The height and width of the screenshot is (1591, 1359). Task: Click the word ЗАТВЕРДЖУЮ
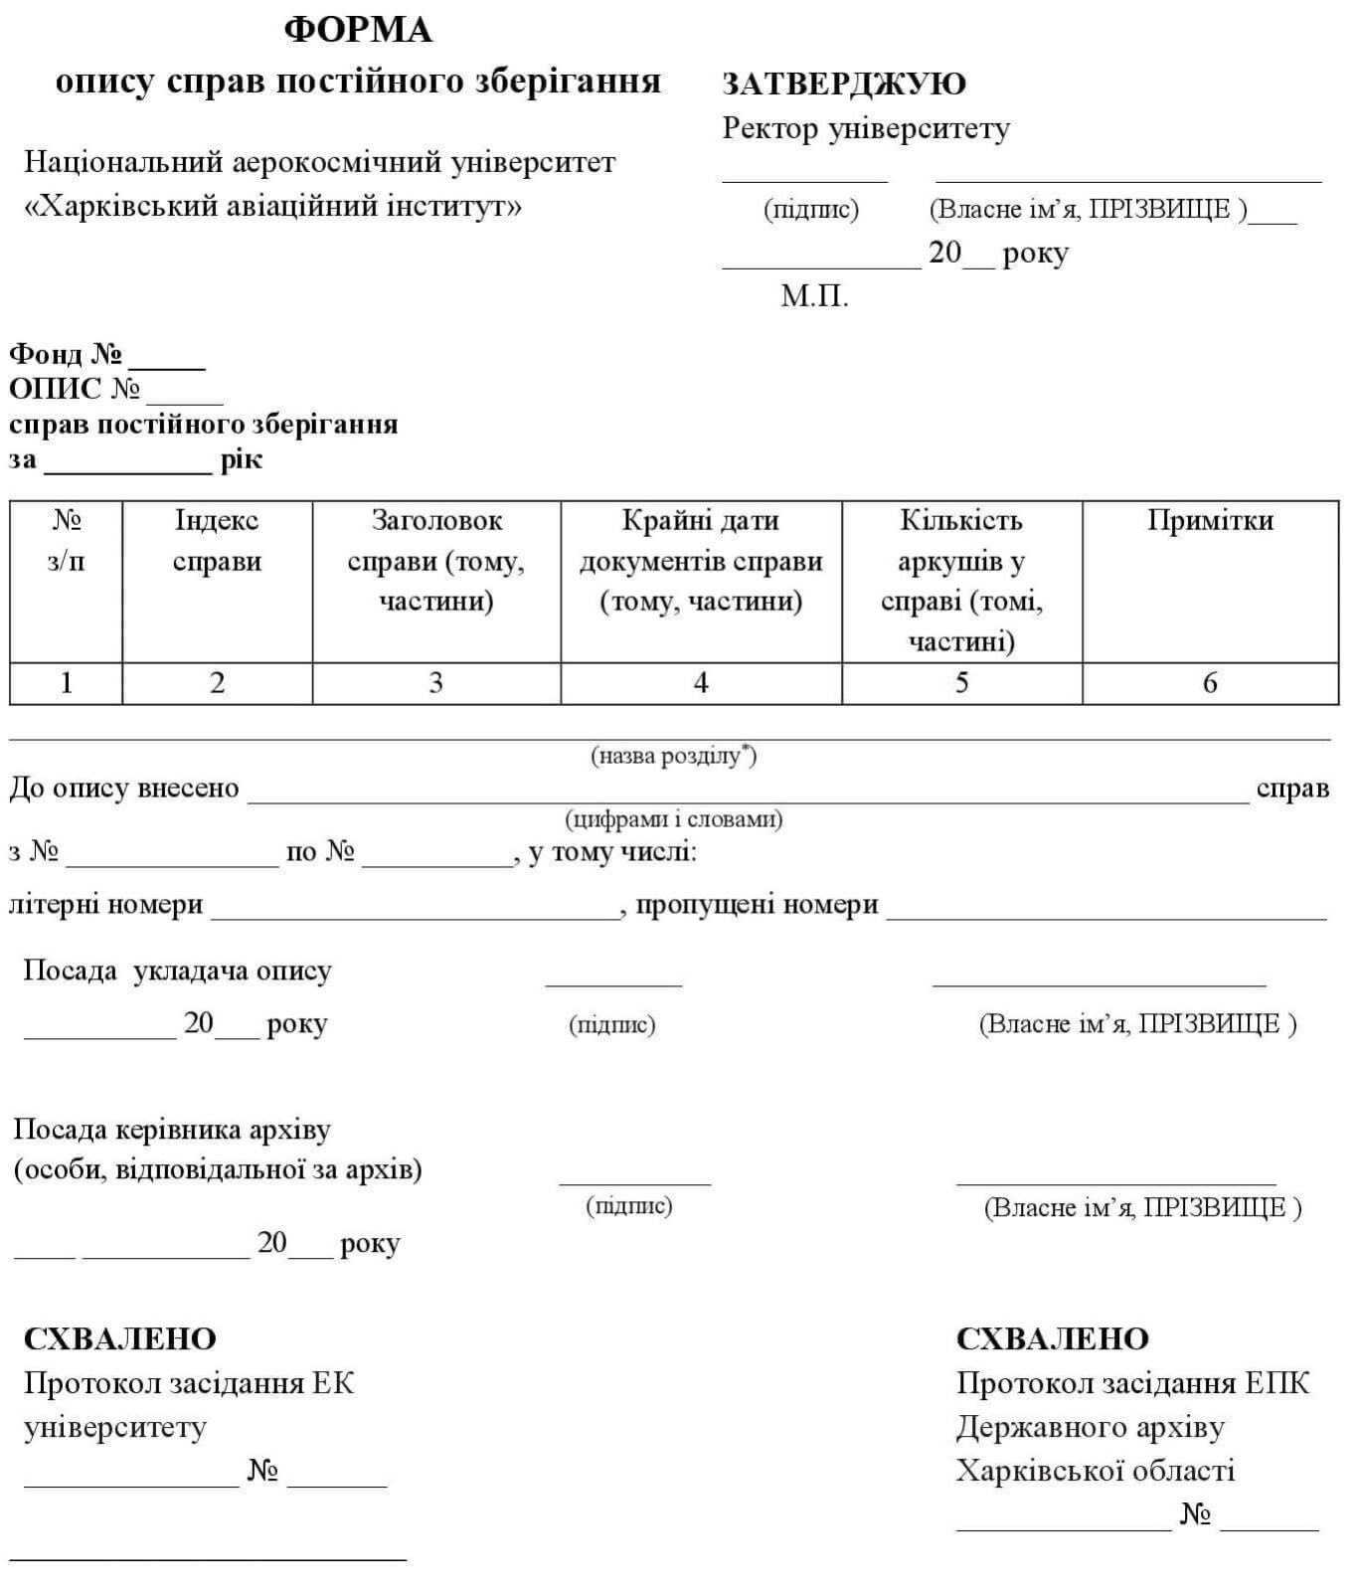843,84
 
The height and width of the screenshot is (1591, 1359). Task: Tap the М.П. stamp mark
814,296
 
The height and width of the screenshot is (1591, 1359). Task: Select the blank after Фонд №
166,360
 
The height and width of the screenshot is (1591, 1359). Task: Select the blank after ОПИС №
185,395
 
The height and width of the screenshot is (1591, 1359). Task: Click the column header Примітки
1210,521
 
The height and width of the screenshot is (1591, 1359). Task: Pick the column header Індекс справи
217,541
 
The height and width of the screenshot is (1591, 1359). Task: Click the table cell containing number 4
701,683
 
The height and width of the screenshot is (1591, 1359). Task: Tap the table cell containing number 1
66,683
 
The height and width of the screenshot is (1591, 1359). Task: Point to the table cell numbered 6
1210,683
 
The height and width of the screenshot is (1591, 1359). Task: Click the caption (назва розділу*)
673,757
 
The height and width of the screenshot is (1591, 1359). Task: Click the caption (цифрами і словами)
673,820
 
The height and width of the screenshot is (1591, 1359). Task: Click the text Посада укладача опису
177,972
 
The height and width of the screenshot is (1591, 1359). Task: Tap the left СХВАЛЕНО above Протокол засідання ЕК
119,1339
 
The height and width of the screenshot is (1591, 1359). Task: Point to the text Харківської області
1096,1471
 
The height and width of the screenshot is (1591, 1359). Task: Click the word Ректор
771,128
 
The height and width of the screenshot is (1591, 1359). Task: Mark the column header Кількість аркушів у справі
961,581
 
